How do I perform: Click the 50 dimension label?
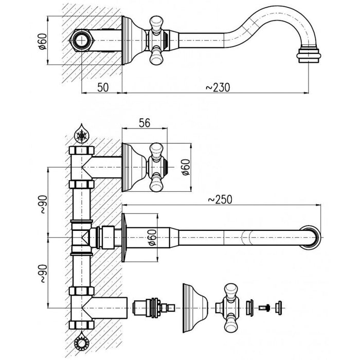coord(103,87)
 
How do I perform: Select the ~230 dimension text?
coord(217,87)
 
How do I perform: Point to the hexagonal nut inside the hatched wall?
coord(80,40)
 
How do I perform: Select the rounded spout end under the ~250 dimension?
coord(312,238)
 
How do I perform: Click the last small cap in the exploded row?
coord(280,308)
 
